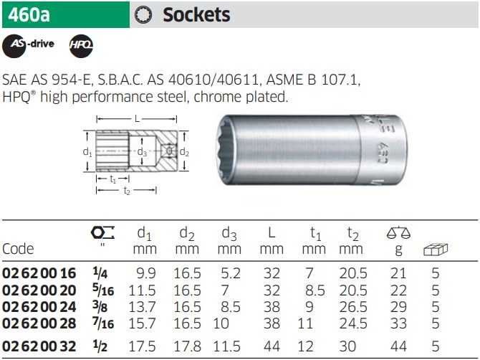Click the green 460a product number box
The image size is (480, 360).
point(66,15)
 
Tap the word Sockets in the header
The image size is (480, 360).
point(196,15)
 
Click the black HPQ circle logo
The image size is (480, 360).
point(81,46)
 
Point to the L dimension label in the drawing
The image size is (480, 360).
point(137,118)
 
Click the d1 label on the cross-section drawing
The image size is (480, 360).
point(87,151)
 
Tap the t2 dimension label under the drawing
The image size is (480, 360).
point(127,191)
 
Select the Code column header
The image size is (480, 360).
point(18,249)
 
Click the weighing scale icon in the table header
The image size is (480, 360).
point(398,233)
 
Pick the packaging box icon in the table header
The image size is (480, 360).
point(436,250)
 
